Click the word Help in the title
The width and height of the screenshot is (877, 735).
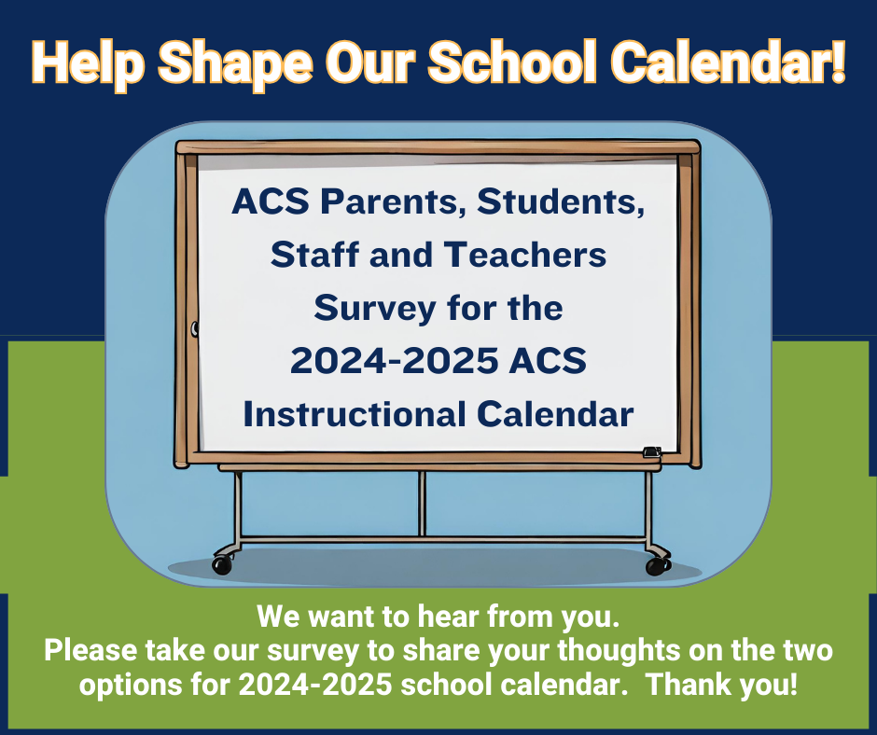click(x=88, y=63)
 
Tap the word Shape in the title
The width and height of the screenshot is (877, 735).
click(x=235, y=63)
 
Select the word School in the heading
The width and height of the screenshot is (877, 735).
click(x=512, y=62)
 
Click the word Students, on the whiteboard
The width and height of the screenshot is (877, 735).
click(x=561, y=201)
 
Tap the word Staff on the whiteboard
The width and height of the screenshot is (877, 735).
click(x=315, y=255)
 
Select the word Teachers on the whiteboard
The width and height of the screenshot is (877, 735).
click(x=526, y=255)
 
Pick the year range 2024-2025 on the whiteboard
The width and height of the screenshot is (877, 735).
click(x=395, y=361)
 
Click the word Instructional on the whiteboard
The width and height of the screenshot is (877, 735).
click(x=355, y=414)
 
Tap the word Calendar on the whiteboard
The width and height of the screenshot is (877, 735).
click(x=555, y=414)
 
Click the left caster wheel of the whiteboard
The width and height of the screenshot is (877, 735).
click(x=221, y=565)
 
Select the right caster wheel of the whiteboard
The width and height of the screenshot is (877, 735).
click(x=658, y=566)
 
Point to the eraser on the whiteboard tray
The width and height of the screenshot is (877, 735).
click(x=652, y=452)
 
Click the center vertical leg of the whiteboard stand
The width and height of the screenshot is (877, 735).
click(x=423, y=504)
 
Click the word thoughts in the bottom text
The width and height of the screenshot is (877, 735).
click(x=619, y=651)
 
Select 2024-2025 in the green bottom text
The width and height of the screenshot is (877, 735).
click(x=315, y=685)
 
